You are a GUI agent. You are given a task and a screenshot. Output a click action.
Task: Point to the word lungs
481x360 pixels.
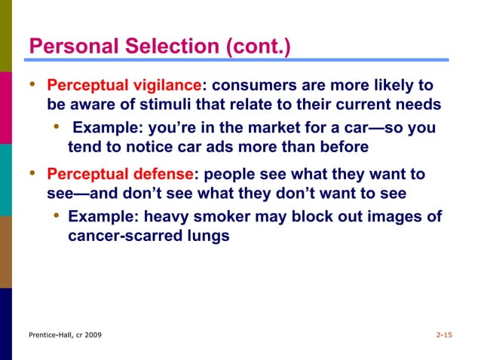coord(205,236)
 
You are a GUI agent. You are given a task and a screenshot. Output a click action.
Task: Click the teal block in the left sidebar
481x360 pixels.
coord(6,179)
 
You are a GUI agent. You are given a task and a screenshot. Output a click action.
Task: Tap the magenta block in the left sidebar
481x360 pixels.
coord(6,108)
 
